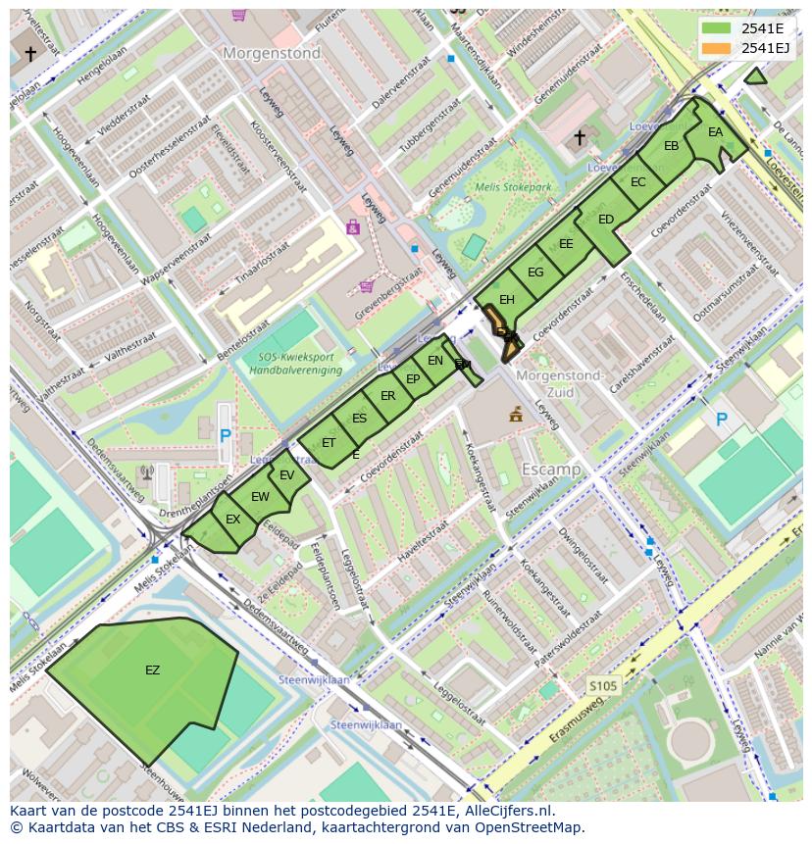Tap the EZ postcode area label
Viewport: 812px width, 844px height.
[152, 670]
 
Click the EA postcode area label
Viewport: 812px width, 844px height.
[715, 132]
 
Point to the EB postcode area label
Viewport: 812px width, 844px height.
[671, 146]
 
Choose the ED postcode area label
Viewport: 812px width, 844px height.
[605, 220]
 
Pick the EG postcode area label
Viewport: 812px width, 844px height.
[534, 273]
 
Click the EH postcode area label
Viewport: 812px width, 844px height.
[506, 300]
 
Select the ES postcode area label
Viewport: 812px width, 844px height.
[359, 419]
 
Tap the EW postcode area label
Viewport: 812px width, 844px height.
[260, 497]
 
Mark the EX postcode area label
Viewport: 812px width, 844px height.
[232, 520]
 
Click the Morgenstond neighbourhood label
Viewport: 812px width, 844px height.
[272, 54]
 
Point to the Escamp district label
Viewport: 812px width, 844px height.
[550, 470]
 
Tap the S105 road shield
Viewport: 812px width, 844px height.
[603, 686]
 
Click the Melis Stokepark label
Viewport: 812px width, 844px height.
[513, 187]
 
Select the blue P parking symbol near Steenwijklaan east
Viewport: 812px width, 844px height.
[721, 420]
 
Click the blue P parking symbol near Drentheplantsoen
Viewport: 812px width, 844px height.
[225, 435]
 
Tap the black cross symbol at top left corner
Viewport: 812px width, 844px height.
[30, 53]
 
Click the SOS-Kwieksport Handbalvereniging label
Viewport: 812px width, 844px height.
[294, 364]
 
